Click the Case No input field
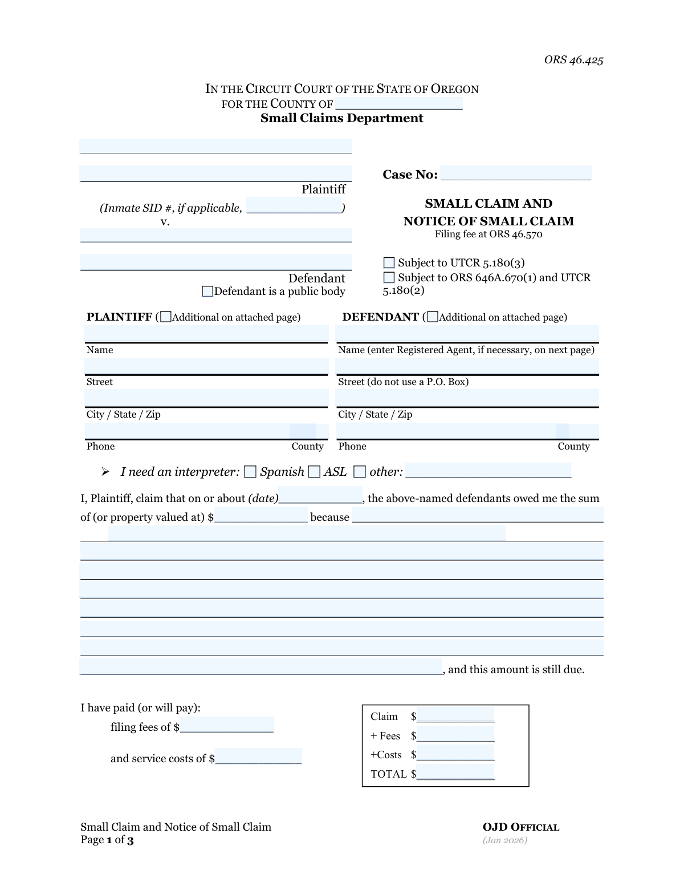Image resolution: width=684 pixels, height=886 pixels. [x=516, y=173]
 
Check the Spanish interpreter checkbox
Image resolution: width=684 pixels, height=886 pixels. [x=250, y=472]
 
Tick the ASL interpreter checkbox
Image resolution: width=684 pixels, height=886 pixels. [x=314, y=472]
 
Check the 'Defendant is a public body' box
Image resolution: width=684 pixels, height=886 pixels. [x=208, y=292]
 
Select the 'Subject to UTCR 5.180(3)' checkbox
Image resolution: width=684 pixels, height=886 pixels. [x=389, y=263]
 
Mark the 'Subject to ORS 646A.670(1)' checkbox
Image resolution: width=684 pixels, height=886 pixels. [x=389, y=278]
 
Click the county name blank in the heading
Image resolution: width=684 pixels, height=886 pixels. [x=399, y=103]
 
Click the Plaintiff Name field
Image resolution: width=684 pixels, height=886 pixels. [x=206, y=334]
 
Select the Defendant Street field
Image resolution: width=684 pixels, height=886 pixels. [x=467, y=366]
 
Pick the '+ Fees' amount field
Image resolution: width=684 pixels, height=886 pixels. [x=455, y=735]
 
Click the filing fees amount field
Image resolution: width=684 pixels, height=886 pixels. [x=226, y=726]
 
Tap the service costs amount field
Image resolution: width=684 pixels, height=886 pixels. [x=258, y=757]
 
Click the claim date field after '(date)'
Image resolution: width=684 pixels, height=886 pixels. [x=320, y=496]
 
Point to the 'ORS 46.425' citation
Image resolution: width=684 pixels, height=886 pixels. [x=573, y=60]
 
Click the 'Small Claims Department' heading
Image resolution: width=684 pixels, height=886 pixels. [x=341, y=118]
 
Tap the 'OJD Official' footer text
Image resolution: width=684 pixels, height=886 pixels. [x=521, y=827]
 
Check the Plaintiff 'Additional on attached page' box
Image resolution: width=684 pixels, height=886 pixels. [x=166, y=317]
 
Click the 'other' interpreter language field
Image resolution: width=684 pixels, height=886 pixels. [x=488, y=471]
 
